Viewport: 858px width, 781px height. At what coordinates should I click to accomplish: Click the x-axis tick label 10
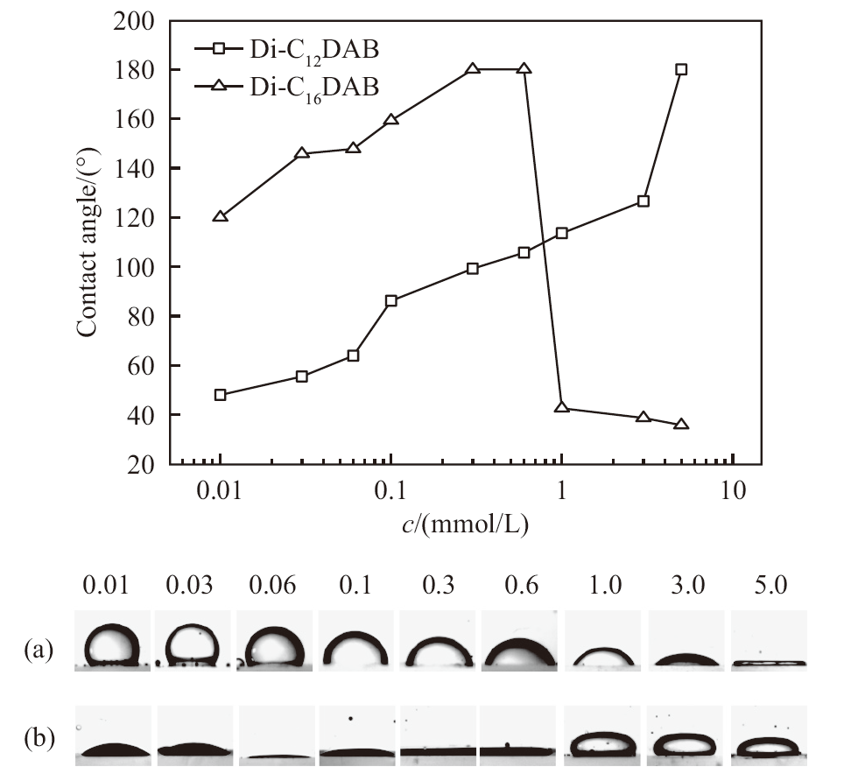(x=733, y=491)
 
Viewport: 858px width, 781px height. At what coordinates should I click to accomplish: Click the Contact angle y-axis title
(x=87, y=242)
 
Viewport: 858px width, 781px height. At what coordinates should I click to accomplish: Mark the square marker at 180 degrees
(x=681, y=69)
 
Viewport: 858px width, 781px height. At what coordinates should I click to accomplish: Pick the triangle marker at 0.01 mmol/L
(x=221, y=215)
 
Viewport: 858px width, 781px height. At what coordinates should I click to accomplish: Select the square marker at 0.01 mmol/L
(x=221, y=395)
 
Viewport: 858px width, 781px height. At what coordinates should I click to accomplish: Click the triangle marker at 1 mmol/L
(x=562, y=407)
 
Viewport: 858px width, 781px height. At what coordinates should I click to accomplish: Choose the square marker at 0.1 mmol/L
(x=391, y=301)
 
